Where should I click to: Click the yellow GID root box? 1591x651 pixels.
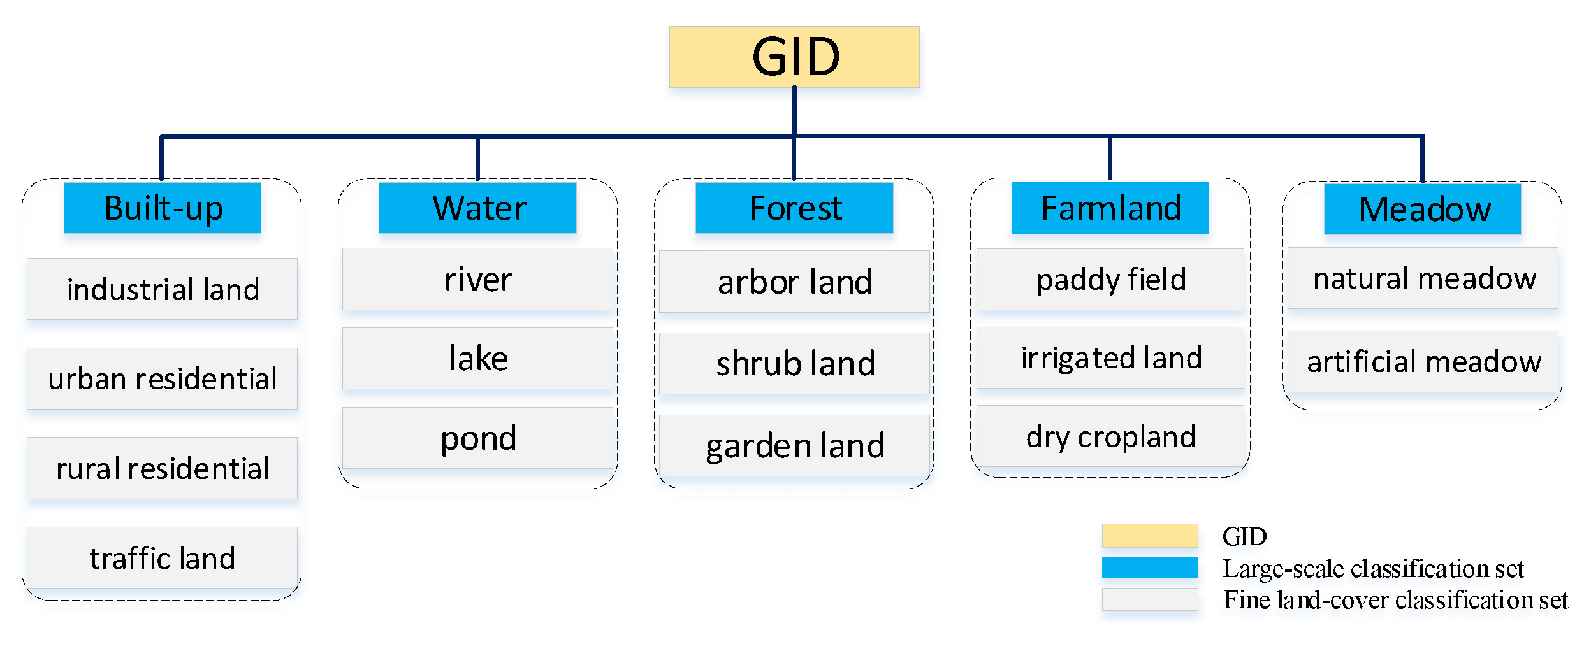coord(794,57)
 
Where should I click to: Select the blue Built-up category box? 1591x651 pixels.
coord(163,208)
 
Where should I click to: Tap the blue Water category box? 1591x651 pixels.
coord(477,208)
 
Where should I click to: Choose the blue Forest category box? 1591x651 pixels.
coord(794,208)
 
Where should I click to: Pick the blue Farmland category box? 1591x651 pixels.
coord(1110,208)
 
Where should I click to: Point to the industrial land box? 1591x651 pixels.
coord(163,289)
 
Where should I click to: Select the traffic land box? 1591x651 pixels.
coord(163,558)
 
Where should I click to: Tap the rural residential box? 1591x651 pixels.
coord(163,468)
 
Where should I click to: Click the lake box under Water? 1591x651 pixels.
coord(477,358)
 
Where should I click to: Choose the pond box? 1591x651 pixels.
coord(477,438)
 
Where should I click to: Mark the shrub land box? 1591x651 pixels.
coord(794,363)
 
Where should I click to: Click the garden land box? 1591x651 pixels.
coord(794,445)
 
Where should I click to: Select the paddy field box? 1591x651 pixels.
coord(1110,280)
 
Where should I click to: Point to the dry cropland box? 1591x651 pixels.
coord(1110,436)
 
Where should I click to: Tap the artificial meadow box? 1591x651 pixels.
coord(1422,361)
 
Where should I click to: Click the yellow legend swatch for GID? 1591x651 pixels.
coord(1149,536)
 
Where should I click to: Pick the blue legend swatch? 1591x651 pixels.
coord(1149,568)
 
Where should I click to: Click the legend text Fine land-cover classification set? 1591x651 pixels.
coord(1395,600)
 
